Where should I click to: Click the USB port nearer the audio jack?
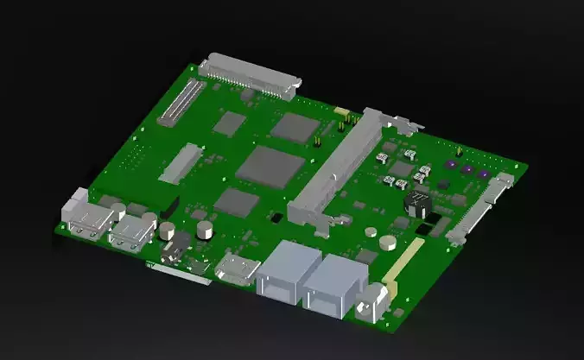pos(132,231)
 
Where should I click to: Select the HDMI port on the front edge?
pos(236,268)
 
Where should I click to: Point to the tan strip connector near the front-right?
pos(403,261)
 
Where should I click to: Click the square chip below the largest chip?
pos(236,202)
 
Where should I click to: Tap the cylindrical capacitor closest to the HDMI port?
pos(206,230)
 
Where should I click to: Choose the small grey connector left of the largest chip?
pos(182,162)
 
